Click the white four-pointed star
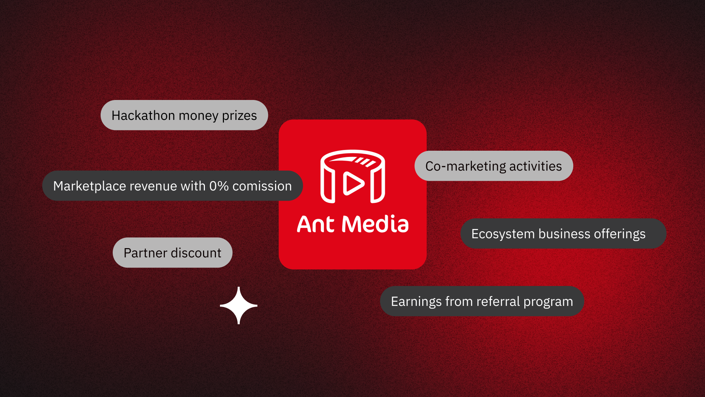pyautogui.click(x=239, y=305)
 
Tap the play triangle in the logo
pyautogui.click(x=353, y=183)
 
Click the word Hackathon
pyautogui.click(x=143, y=115)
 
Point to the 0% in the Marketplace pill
pyautogui.click(x=219, y=186)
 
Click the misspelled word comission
pyautogui.click(x=262, y=186)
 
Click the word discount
pyautogui.click(x=196, y=253)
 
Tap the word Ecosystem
pyautogui.click(x=503, y=234)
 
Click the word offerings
pyautogui.click(x=620, y=234)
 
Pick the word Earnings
pyautogui.click(x=416, y=302)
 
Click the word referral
pyautogui.click(x=498, y=301)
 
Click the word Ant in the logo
pyautogui.click(x=315, y=224)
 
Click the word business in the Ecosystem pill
pyautogui.click(x=564, y=234)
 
